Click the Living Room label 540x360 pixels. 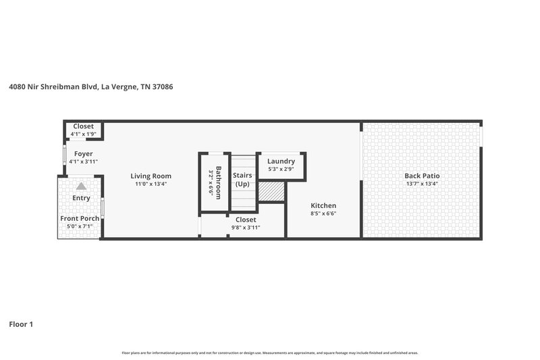(151, 176)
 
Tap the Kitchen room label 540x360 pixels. (323, 205)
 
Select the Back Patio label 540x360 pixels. (423, 176)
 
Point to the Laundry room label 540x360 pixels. (281, 161)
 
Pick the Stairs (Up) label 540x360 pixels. (242, 180)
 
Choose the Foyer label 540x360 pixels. (84, 154)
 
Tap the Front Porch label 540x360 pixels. (80, 218)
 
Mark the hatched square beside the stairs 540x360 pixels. (271, 191)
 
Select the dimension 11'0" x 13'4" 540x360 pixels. (151, 184)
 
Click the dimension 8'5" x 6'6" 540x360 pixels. (323, 213)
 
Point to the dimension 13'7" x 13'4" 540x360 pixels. (423, 184)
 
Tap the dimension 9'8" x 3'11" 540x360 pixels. (246, 227)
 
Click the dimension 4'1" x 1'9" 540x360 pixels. (84, 134)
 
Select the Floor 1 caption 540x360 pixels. (21, 324)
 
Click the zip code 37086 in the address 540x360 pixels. (163, 86)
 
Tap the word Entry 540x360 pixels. (81, 198)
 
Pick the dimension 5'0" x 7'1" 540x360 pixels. (80, 226)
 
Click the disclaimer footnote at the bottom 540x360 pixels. (270, 353)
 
